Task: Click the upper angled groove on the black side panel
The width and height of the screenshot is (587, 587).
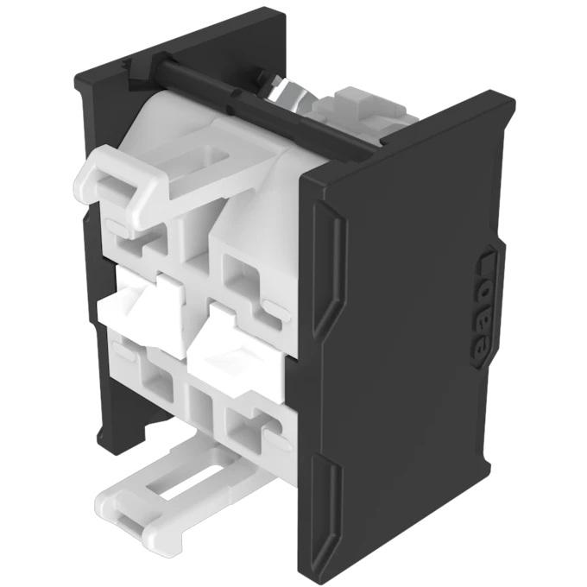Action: point(327,268)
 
